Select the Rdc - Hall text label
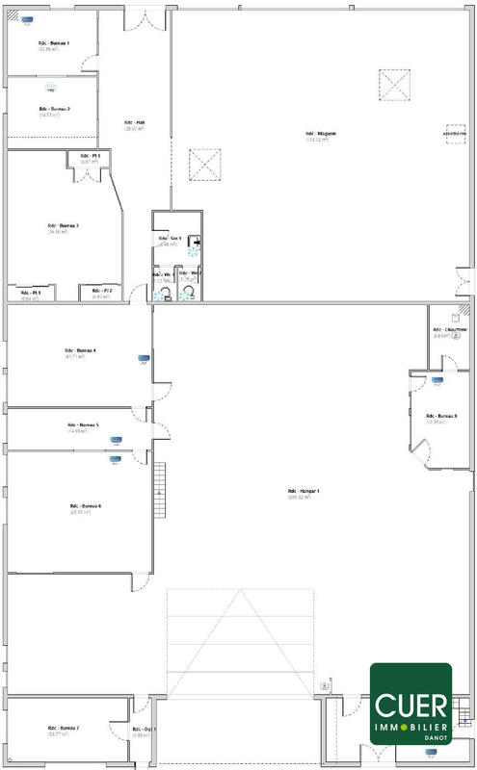point(134,123)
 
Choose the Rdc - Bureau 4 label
point(80,350)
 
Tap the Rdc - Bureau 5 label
point(83,424)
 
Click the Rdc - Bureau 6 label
point(85,506)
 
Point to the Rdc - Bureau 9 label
point(441,416)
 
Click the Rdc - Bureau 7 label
point(65,728)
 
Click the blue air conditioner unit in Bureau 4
point(145,360)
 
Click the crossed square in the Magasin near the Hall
point(205,165)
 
